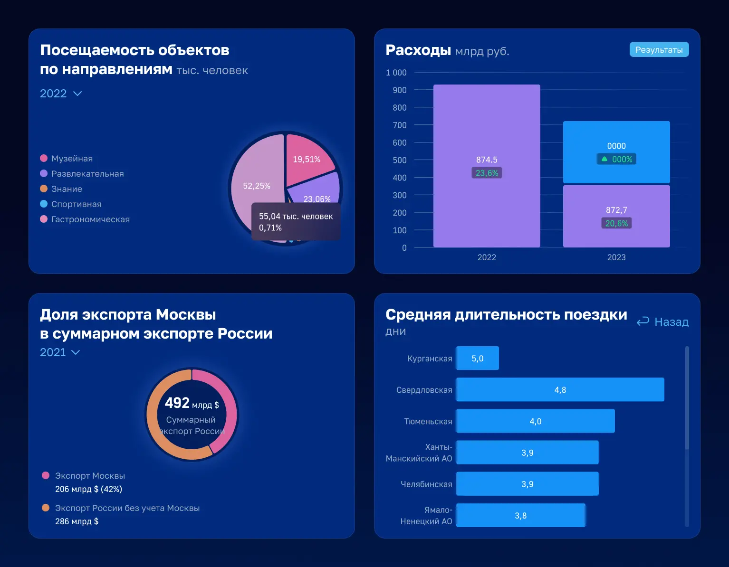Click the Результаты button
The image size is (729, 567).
(x=659, y=50)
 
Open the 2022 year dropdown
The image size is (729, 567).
(x=61, y=94)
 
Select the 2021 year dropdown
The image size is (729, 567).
(x=59, y=352)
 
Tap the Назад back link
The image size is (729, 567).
(x=662, y=322)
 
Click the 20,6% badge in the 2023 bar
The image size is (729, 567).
(x=616, y=223)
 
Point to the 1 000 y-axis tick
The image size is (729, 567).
(x=396, y=73)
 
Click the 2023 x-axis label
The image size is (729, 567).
(x=616, y=257)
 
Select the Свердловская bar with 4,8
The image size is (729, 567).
(x=560, y=390)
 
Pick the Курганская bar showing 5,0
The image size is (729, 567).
(x=477, y=359)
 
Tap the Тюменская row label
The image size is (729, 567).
(x=428, y=422)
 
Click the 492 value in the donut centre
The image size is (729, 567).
(x=177, y=403)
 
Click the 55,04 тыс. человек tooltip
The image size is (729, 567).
(x=296, y=222)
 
